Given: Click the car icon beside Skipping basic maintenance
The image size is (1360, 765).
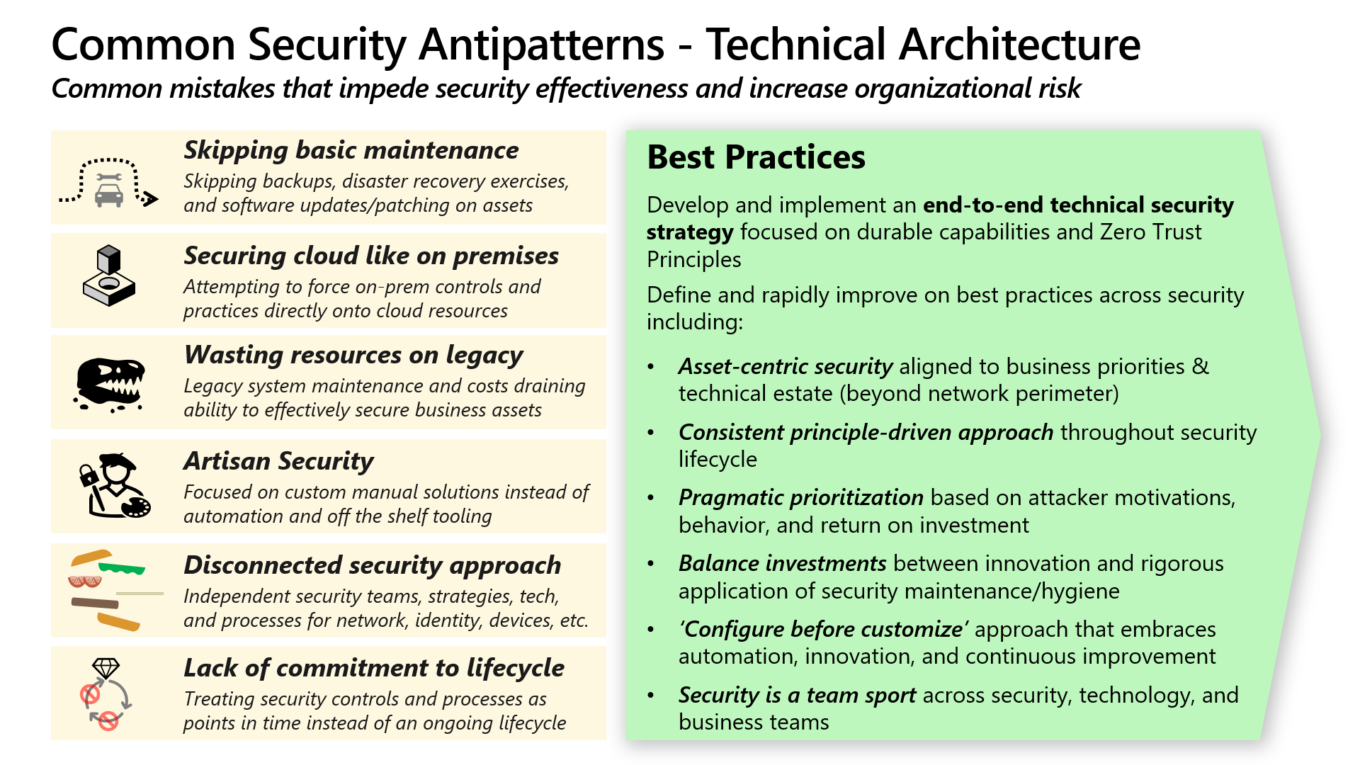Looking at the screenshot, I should pos(108,193).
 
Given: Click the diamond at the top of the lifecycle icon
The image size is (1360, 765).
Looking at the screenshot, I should pos(106,668).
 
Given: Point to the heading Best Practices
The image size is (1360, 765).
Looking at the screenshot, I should pos(756,157).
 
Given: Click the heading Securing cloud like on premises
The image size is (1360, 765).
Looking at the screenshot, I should pos(371,256).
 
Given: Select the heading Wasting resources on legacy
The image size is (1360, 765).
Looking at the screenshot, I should pos(353,355).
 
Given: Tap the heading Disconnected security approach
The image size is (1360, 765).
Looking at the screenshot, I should pos(372,565).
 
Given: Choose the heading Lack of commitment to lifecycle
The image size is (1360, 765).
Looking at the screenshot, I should pos(374,668).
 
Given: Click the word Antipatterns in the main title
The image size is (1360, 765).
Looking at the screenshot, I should pos(541,45).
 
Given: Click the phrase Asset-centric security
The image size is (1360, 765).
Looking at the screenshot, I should pos(785,366).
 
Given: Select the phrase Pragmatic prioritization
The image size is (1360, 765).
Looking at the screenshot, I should pos(800,497).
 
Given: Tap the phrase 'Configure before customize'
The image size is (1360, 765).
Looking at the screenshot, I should pos(823,629).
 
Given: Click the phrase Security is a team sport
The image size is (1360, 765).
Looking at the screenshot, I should pos(797,695).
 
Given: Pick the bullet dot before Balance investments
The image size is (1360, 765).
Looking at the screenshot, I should pos(651,564).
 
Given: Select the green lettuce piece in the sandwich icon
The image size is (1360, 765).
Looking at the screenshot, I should pos(122,568).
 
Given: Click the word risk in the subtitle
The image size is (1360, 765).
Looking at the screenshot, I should pos(1060,89).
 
